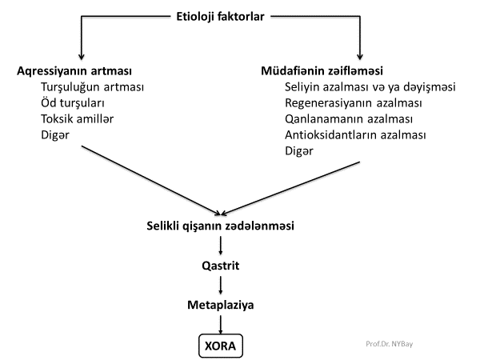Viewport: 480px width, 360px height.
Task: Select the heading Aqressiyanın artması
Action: tap(74, 70)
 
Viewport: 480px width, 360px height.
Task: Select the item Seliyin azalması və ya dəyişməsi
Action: tap(370, 86)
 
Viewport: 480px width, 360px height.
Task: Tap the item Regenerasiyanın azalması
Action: tap(354, 102)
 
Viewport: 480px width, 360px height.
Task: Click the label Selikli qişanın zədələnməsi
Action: tap(220, 226)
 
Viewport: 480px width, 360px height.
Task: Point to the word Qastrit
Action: tap(220, 265)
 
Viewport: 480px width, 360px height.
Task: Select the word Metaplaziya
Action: tap(220, 305)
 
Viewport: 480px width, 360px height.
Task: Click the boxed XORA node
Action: tap(220, 346)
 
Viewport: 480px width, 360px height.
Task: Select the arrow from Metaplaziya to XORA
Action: tap(220, 324)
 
